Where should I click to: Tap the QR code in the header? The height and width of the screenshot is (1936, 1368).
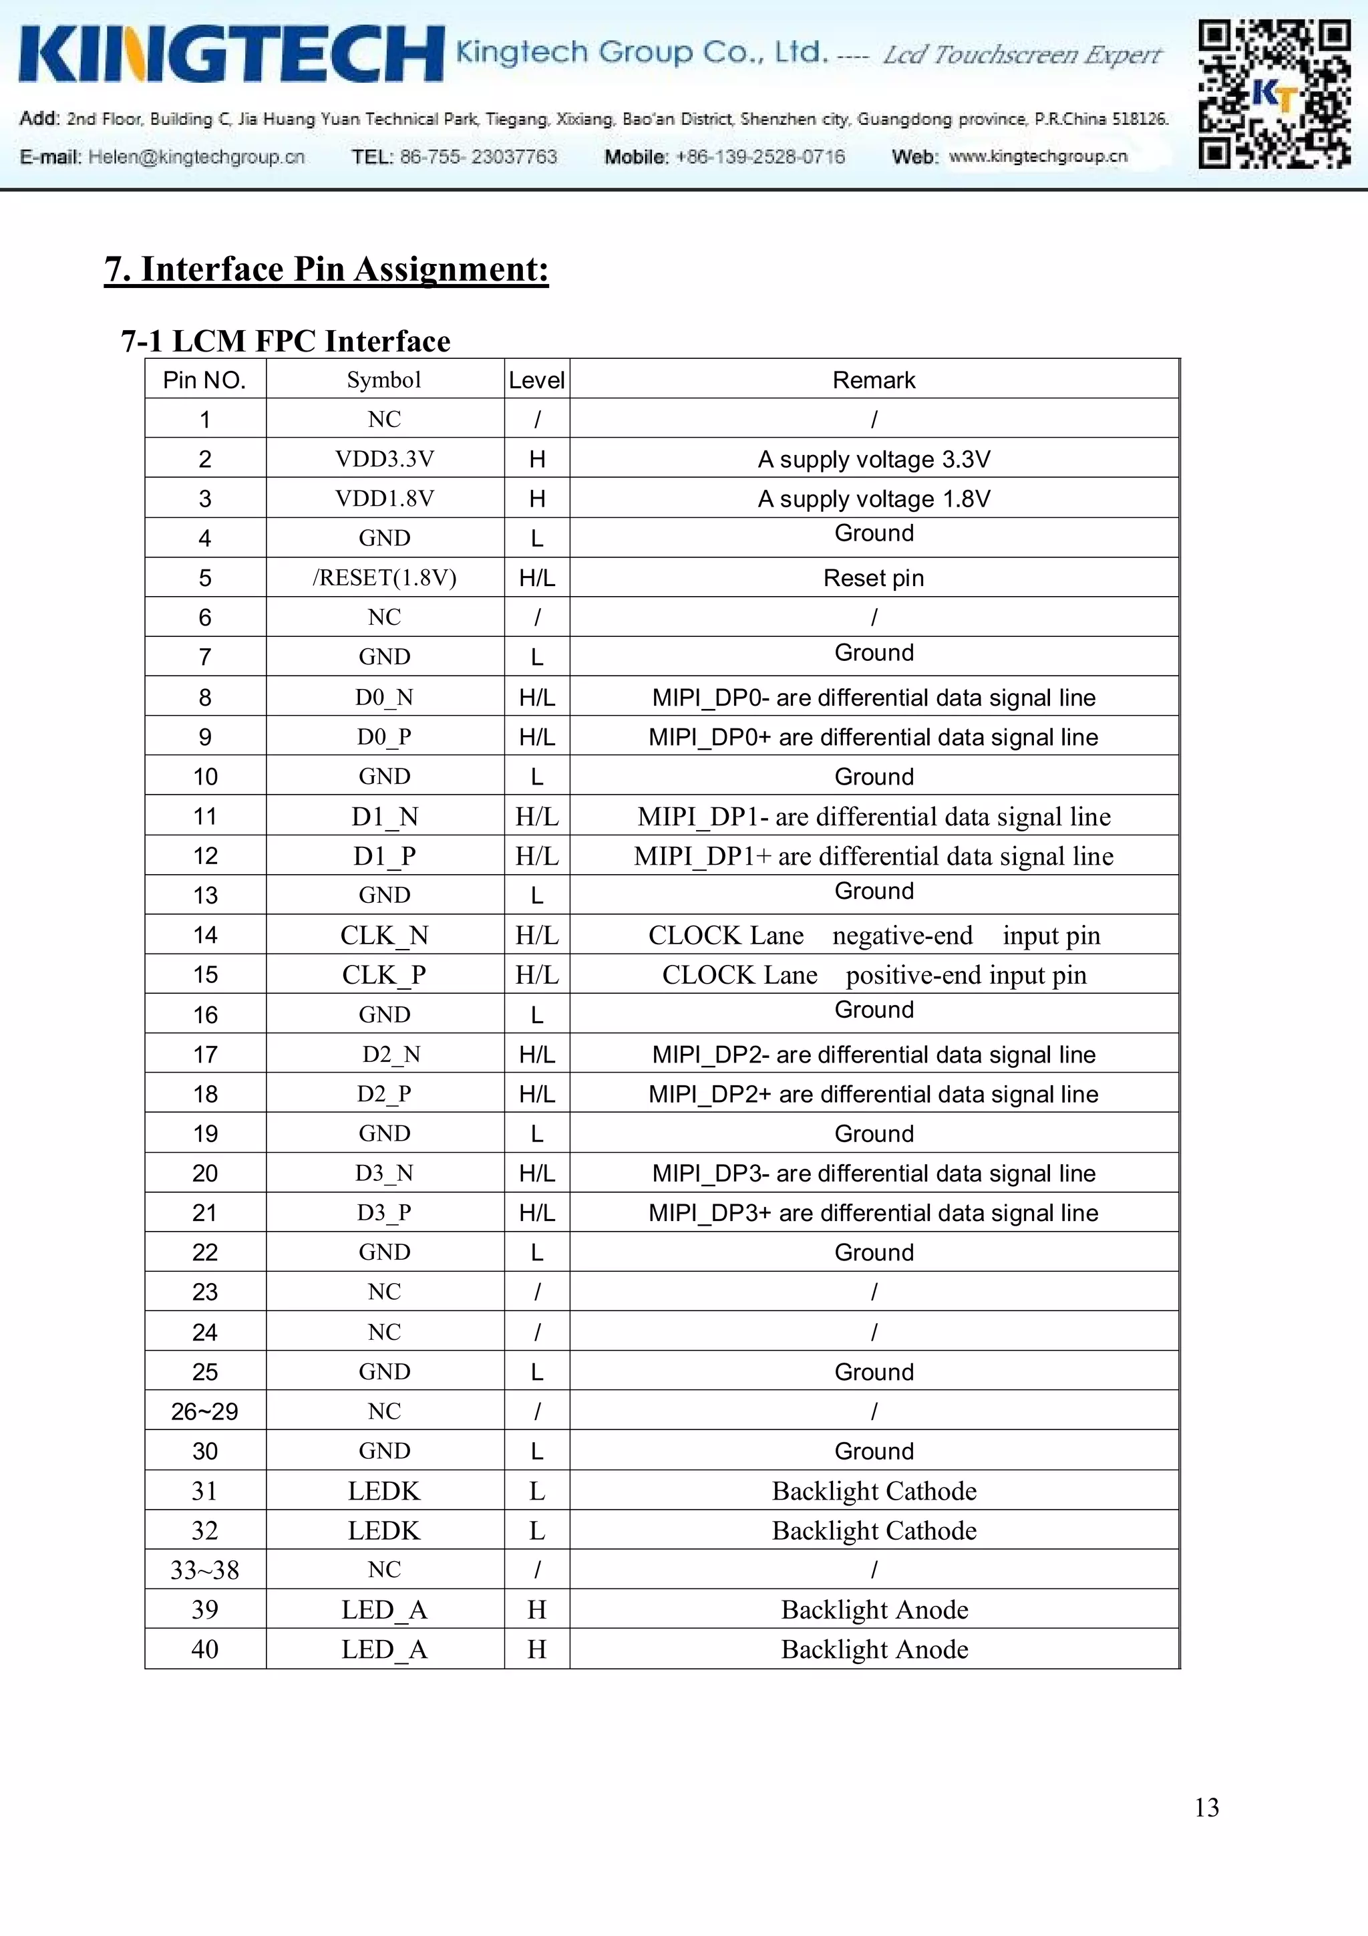(1274, 94)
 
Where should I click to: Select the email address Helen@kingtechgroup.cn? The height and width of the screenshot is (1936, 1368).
(196, 157)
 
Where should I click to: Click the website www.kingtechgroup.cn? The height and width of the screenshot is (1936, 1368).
(1037, 156)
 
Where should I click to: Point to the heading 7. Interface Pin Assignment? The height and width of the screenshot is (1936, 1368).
(326, 269)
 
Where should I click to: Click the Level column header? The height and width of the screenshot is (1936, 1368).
(536, 380)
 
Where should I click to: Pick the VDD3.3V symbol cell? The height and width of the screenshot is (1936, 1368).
(384, 458)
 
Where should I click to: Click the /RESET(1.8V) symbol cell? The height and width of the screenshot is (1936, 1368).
(384, 577)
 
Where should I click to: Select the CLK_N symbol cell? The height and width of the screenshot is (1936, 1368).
(384, 935)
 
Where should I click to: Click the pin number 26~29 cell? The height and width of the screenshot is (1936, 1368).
(205, 1411)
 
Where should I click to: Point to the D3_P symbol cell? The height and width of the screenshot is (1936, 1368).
(384, 1212)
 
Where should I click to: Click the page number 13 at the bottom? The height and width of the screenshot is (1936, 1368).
(1206, 1807)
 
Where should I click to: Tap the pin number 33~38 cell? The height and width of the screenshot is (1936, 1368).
(205, 1570)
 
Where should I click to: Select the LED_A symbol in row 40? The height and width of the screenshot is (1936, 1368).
(384, 1649)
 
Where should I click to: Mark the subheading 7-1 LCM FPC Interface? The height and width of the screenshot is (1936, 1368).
(286, 341)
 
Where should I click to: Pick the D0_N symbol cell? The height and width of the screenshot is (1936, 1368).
(384, 697)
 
